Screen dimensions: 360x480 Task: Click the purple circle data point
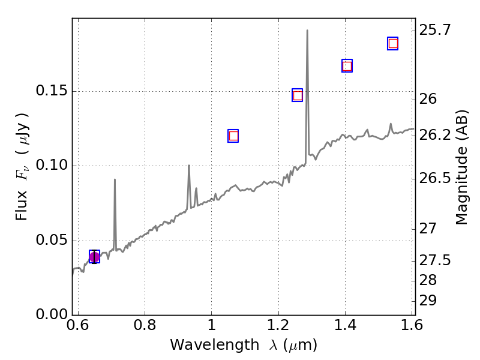pos(94,257)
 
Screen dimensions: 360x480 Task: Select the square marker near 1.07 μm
pos(233,136)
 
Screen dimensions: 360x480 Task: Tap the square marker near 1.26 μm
pos(297,95)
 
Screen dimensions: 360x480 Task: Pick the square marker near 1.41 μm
pos(347,66)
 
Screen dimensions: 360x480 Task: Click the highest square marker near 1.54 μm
pos(393,43)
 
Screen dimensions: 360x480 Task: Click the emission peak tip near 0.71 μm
pos(115,179)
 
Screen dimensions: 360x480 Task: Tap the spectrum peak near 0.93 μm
pos(188,166)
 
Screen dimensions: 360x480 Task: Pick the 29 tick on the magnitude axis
pos(428,300)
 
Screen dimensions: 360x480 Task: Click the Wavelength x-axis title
pos(243,345)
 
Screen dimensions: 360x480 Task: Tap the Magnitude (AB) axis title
pos(461,167)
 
